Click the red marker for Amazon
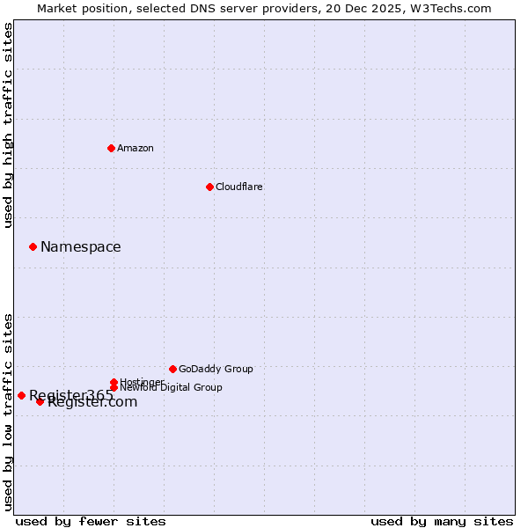point(111,148)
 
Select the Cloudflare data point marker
point(209,187)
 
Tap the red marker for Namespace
point(33,246)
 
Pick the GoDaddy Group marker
point(172,369)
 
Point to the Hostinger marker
point(114,382)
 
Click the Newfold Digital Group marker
point(114,387)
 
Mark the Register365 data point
point(21,395)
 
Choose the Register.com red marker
point(40,401)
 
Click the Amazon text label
point(136,148)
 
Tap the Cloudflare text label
point(239,187)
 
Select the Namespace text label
point(81,246)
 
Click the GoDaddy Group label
point(216,369)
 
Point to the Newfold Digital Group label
point(171,387)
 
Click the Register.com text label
point(93,402)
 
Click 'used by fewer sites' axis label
point(91,521)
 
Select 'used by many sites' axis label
point(442,521)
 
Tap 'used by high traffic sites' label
point(8,125)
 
